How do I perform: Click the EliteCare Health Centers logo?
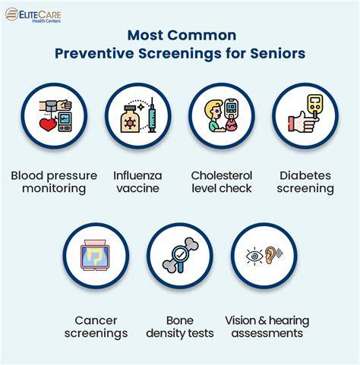[33, 15]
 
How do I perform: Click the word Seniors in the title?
[278, 53]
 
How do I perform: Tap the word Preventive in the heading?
[94, 53]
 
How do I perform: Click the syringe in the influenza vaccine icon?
[152, 115]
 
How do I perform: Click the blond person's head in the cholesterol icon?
[213, 109]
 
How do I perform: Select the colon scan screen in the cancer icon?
[94, 256]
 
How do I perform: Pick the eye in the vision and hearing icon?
[254, 256]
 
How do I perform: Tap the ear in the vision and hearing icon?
[270, 255]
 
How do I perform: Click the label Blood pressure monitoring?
[54, 182]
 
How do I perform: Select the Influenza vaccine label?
[137, 182]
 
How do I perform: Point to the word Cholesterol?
[222, 175]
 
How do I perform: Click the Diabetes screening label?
[305, 182]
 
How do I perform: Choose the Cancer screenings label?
[96, 327]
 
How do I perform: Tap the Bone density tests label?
[180, 327]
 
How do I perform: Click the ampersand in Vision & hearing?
[263, 321]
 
